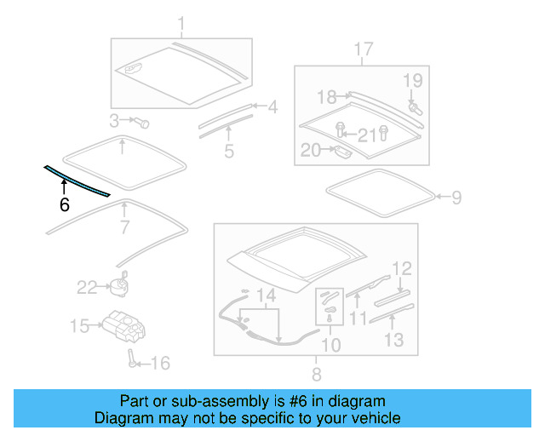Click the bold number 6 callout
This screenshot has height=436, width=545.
pos(64,204)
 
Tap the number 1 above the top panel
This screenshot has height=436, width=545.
pos(181,23)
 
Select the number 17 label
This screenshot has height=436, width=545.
pos(114,119)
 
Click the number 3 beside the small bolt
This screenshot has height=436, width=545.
pos(272,108)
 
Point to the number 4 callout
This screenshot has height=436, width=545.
pos(229,152)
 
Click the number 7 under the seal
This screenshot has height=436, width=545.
pos(123,227)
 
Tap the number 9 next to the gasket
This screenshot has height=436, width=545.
pos(456,198)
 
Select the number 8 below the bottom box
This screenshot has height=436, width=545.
pos(316,374)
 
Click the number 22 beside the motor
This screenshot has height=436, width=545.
pos(88,288)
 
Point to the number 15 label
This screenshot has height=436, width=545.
pos(79,325)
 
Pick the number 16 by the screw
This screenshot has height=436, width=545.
pos(160,364)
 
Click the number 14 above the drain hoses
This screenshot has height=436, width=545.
pos(267,296)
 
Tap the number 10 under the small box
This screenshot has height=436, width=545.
pos(330,345)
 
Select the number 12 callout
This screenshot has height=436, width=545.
pos(402,269)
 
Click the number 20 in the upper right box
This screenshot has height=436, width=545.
pos(311,151)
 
